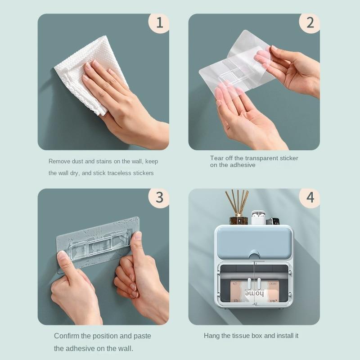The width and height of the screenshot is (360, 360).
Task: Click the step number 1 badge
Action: pyautogui.click(x=159, y=23)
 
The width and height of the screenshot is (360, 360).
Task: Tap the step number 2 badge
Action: pyautogui.click(x=310, y=23)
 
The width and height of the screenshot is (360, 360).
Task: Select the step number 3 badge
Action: pyautogui.click(x=159, y=198)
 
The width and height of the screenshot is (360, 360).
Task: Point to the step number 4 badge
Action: pyautogui.click(x=310, y=198)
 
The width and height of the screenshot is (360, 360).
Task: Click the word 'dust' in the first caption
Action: pyautogui.click(x=77, y=162)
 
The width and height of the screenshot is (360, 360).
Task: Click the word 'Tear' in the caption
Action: pyautogui.click(x=217, y=158)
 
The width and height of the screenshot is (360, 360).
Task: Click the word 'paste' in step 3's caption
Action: pyautogui.click(x=142, y=336)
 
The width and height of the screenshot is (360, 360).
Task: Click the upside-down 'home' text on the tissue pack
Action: pyautogui.click(x=254, y=294)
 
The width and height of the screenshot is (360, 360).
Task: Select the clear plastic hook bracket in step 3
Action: pyautogui.click(x=101, y=246)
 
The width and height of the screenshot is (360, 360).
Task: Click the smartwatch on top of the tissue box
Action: pyautogui.click(x=273, y=221)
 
